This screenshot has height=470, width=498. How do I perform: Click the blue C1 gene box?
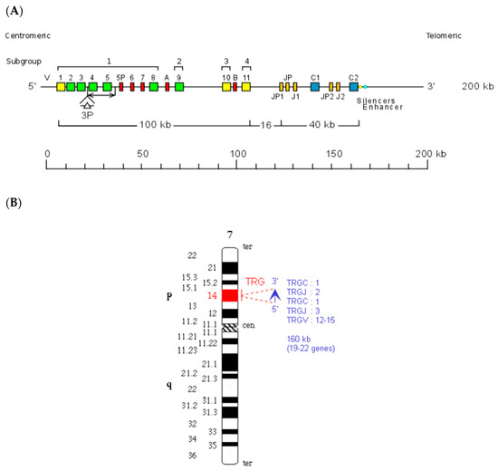315,87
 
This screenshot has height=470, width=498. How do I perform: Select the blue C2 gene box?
354,87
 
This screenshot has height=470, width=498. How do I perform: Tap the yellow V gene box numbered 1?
61,87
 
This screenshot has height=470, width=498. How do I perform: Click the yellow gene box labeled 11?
246,87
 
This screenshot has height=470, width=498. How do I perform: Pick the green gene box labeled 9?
179,87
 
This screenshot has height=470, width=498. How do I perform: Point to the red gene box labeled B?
235,87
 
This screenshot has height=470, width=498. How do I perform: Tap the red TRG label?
255,283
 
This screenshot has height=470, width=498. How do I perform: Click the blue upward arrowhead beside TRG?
274,294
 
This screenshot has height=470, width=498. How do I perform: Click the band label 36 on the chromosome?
191,456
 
